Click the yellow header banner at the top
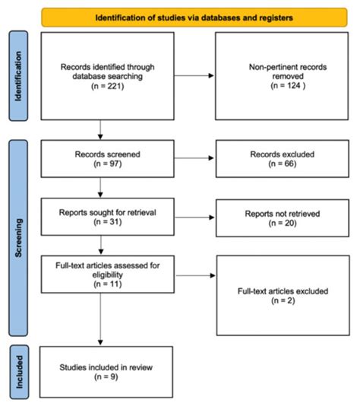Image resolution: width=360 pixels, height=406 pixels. (194, 16)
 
